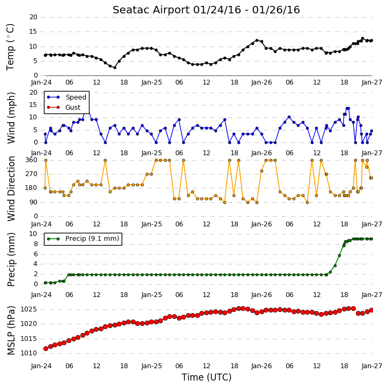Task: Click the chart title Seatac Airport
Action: pos(151,10)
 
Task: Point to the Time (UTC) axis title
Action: pos(206,377)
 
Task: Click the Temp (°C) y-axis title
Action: pos(10,47)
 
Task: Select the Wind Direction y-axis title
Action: pos(11,188)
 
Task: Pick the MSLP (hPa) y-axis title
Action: pos(11,331)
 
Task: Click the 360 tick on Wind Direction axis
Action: pos(32,160)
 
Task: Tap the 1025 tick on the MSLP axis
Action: pos(29,309)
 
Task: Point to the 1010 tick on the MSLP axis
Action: pos(29,353)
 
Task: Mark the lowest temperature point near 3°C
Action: pos(115,67)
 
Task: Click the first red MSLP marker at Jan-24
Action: pos(46,348)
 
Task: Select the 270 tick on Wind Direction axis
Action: pos(32,174)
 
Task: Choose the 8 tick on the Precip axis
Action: pos(35,244)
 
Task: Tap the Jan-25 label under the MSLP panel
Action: pos(151,366)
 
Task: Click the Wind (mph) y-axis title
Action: pos(11,118)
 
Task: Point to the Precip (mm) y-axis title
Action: pos(11,260)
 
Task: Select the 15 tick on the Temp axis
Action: pos(33,32)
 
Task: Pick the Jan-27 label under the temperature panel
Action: pos(371,82)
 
